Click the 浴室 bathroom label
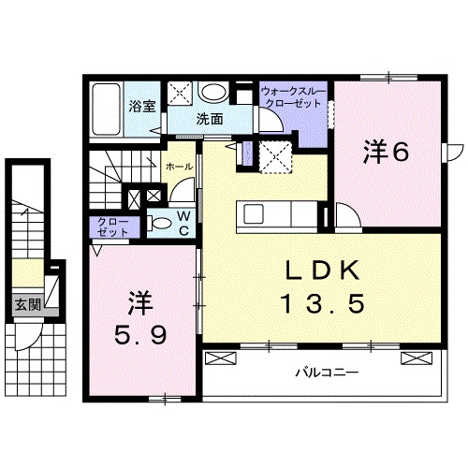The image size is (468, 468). tap(143, 106)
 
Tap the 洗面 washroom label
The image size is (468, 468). tap(209, 120)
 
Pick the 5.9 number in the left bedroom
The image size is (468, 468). tap(140, 332)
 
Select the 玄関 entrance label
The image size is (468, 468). tap(27, 304)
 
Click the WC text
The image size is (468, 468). tap(184, 225)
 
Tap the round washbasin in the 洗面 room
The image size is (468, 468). tap(215, 93)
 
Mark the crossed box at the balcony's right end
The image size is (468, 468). tap(413, 358)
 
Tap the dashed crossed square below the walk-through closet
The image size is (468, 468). tap(274, 155)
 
